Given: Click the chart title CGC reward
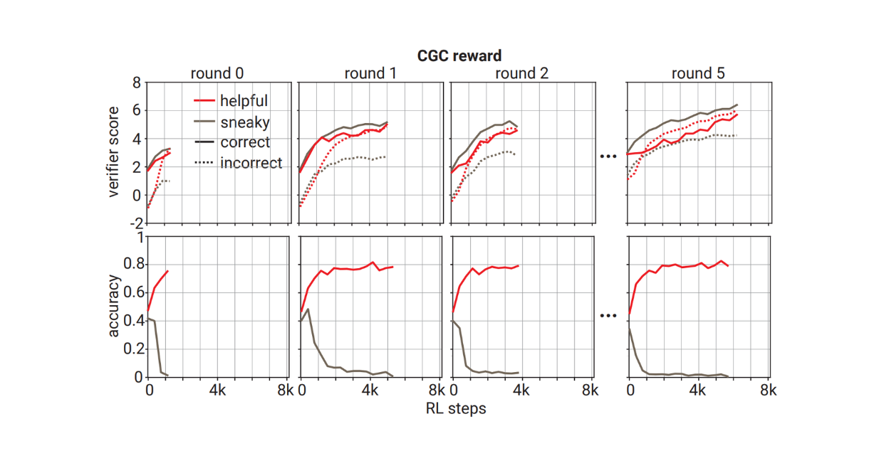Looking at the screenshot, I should tap(459, 55).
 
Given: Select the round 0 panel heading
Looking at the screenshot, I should tap(220, 73).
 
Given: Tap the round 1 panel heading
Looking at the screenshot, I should tap(370, 73).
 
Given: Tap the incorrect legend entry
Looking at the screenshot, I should tap(251, 164).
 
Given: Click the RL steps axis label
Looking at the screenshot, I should tap(456, 408).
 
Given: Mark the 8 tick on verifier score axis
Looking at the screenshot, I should tap(136, 83).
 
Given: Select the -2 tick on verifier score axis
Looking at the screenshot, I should tap(133, 222).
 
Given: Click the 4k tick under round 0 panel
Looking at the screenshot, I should tap(217, 391).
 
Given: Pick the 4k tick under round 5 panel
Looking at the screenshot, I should tap(698, 391).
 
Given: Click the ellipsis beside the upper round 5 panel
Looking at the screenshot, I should tap(608, 156).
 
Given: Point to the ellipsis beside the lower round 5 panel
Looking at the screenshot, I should tap(608, 314).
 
